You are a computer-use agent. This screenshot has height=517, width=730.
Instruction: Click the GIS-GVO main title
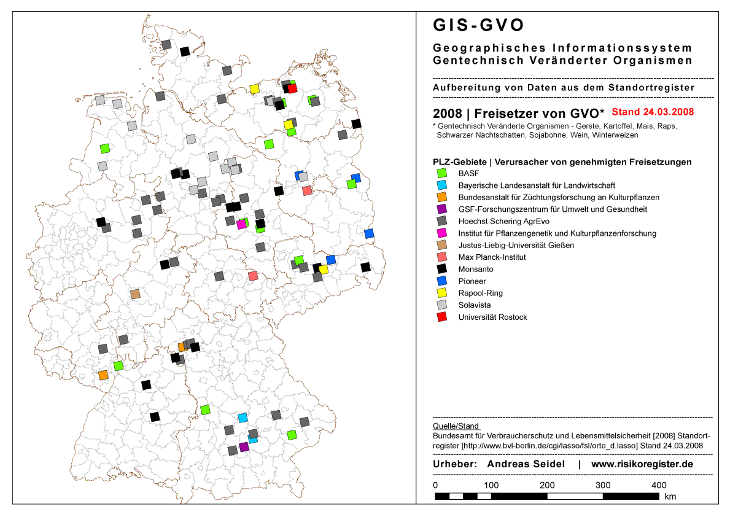(478, 25)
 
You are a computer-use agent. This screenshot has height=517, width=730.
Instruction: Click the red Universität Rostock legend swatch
(441, 317)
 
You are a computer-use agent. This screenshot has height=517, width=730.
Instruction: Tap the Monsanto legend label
(476, 269)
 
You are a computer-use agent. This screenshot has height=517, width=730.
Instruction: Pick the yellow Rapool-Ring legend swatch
(441, 293)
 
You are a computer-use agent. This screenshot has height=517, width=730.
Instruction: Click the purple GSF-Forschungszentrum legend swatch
(441, 209)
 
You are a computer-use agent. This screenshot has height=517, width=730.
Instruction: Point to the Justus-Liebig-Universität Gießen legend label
(516, 245)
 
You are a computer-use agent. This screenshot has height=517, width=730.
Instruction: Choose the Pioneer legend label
(472, 281)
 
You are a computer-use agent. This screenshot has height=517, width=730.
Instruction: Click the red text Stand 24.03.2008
(652, 112)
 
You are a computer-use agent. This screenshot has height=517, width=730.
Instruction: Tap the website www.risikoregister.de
(642, 464)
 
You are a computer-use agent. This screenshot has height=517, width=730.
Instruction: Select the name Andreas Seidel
(526, 464)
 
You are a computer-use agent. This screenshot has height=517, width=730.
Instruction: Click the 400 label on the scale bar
(659, 485)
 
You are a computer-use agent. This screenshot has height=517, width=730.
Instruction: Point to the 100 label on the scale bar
(491, 485)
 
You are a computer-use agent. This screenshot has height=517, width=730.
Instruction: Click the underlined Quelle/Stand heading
(456, 426)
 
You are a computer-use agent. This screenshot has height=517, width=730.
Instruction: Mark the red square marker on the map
(293, 89)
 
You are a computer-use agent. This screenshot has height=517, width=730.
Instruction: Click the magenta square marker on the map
(241, 224)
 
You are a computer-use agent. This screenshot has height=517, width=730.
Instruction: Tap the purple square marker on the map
(244, 446)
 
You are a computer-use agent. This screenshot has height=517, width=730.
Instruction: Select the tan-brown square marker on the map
(135, 294)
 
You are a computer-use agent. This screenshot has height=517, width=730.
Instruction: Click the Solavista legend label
(474, 305)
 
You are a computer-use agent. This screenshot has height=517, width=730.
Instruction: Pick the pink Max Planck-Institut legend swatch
(441, 257)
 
